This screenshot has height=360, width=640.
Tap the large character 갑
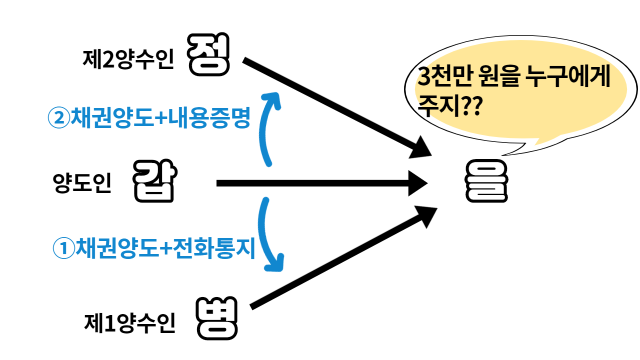(153, 181)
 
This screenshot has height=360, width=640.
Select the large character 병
(216, 317)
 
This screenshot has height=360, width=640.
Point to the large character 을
(486, 181)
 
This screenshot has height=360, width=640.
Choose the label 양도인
(82, 183)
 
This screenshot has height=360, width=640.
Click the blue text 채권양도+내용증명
(160, 118)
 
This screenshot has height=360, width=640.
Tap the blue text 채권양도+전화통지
(165, 247)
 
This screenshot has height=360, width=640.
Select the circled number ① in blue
(63, 248)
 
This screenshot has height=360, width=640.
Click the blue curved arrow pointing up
(267, 127)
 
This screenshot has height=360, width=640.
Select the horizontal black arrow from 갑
(320, 183)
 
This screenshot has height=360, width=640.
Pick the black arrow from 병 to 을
(340, 260)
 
